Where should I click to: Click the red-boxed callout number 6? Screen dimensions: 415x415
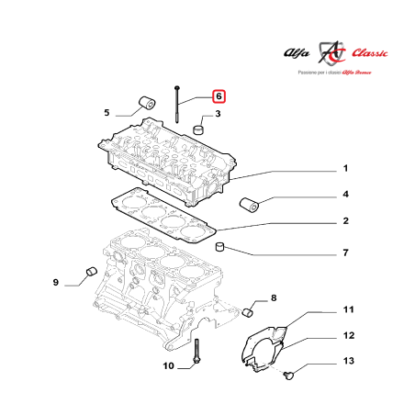click(219, 96)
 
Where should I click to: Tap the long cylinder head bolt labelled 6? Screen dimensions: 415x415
click(177, 105)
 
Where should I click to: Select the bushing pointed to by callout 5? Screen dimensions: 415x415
click(148, 103)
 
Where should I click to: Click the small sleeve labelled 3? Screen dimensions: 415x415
click(198, 129)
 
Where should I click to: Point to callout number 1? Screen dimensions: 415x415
click(345, 168)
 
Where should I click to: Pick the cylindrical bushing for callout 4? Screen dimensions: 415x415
click(249, 205)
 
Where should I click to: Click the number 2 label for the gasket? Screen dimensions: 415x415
click(345, 220)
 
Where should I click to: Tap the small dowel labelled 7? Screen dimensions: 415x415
click(220, 247)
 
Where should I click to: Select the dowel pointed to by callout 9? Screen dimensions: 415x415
click(91, 271)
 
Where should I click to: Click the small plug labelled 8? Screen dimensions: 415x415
click(248, 313)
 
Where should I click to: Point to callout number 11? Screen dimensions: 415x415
click(349, 309)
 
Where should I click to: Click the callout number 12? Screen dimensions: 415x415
click(349, 335)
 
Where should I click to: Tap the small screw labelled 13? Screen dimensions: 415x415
click(288, 375)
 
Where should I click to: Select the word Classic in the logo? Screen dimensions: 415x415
click(369, 53)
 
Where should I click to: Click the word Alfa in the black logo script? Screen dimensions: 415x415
click(297, 53)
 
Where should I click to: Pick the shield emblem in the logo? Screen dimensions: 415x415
click(331, 52)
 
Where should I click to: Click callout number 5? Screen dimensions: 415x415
click(107, 113)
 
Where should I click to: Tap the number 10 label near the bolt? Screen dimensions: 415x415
click(168, 365)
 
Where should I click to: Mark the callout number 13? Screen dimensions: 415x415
click(349, 361)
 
